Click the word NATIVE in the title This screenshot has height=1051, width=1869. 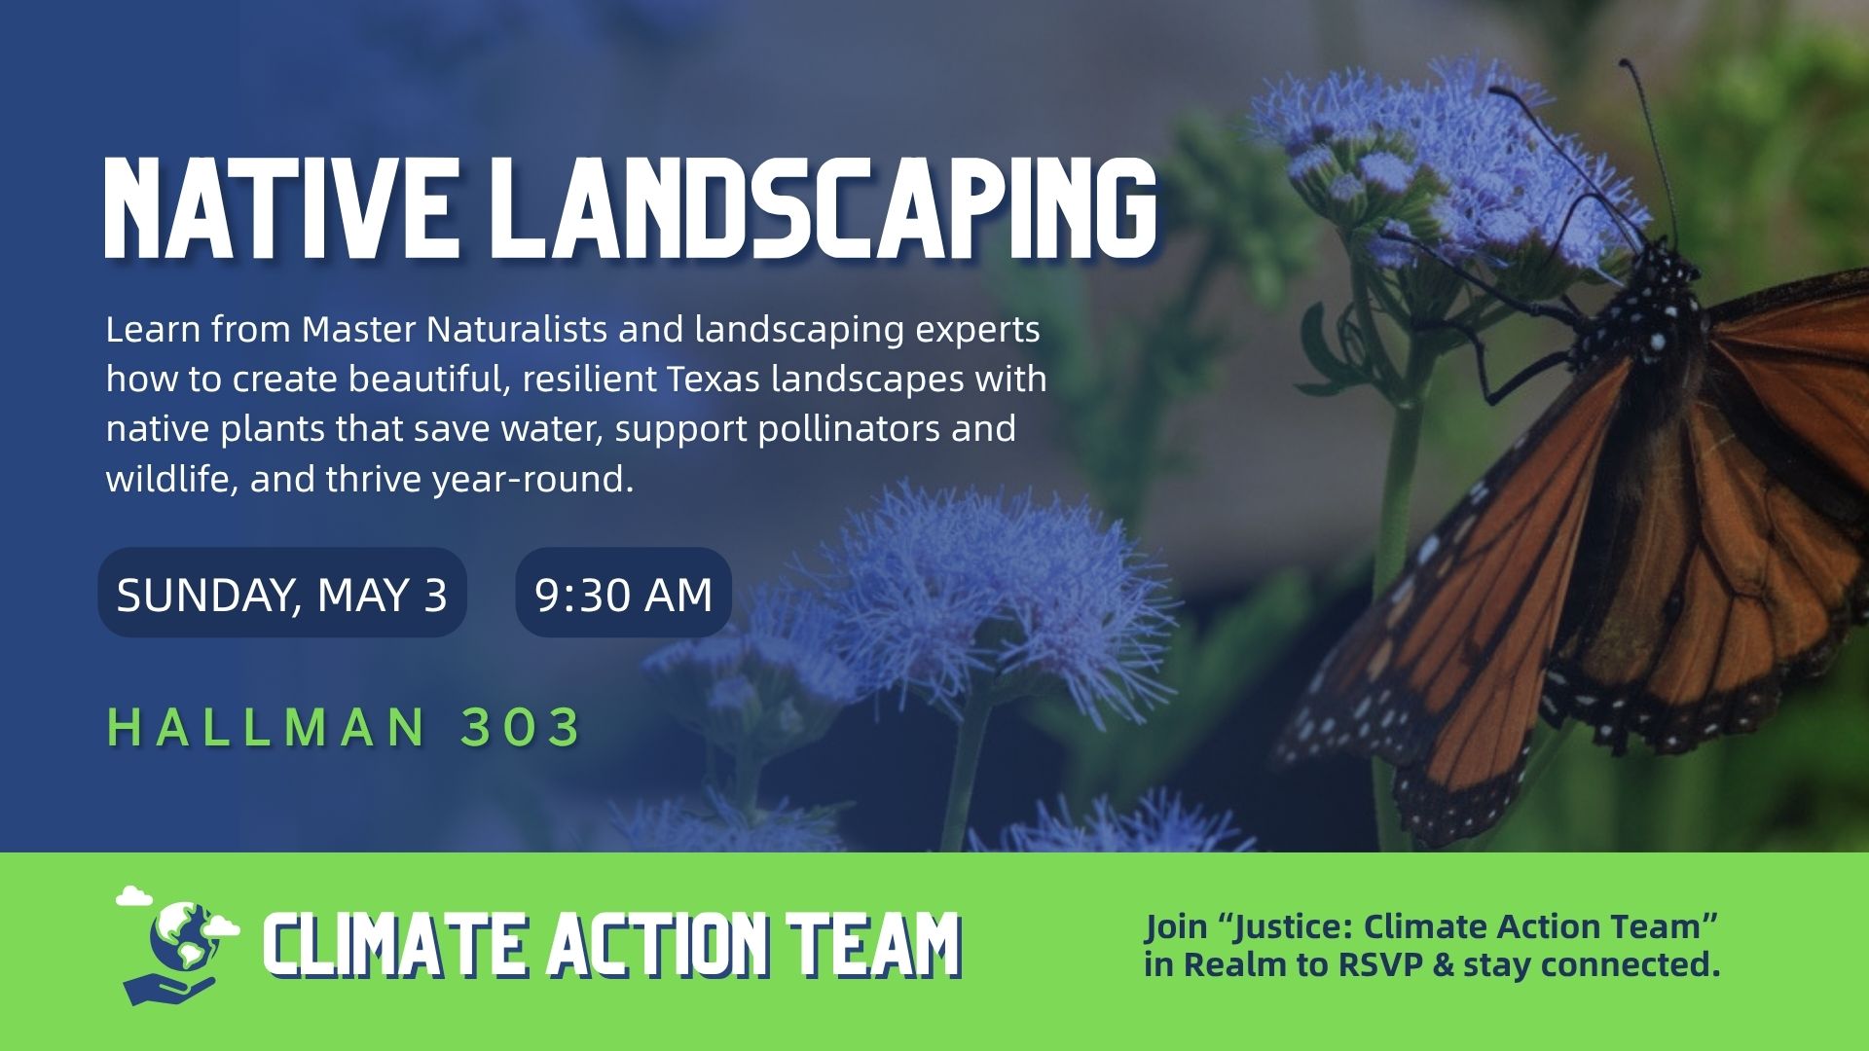[279, 208]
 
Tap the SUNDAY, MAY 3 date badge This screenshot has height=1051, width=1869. [282, 593]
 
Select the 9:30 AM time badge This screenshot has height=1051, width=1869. [623, 593]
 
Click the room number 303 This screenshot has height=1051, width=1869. [521, 727]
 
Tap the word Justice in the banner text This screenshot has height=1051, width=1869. [1289, 927]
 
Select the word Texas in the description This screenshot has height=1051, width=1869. [713, 379]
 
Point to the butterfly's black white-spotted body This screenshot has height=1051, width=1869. [1655, 302]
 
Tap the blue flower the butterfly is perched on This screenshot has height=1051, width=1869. [1441, 165]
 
